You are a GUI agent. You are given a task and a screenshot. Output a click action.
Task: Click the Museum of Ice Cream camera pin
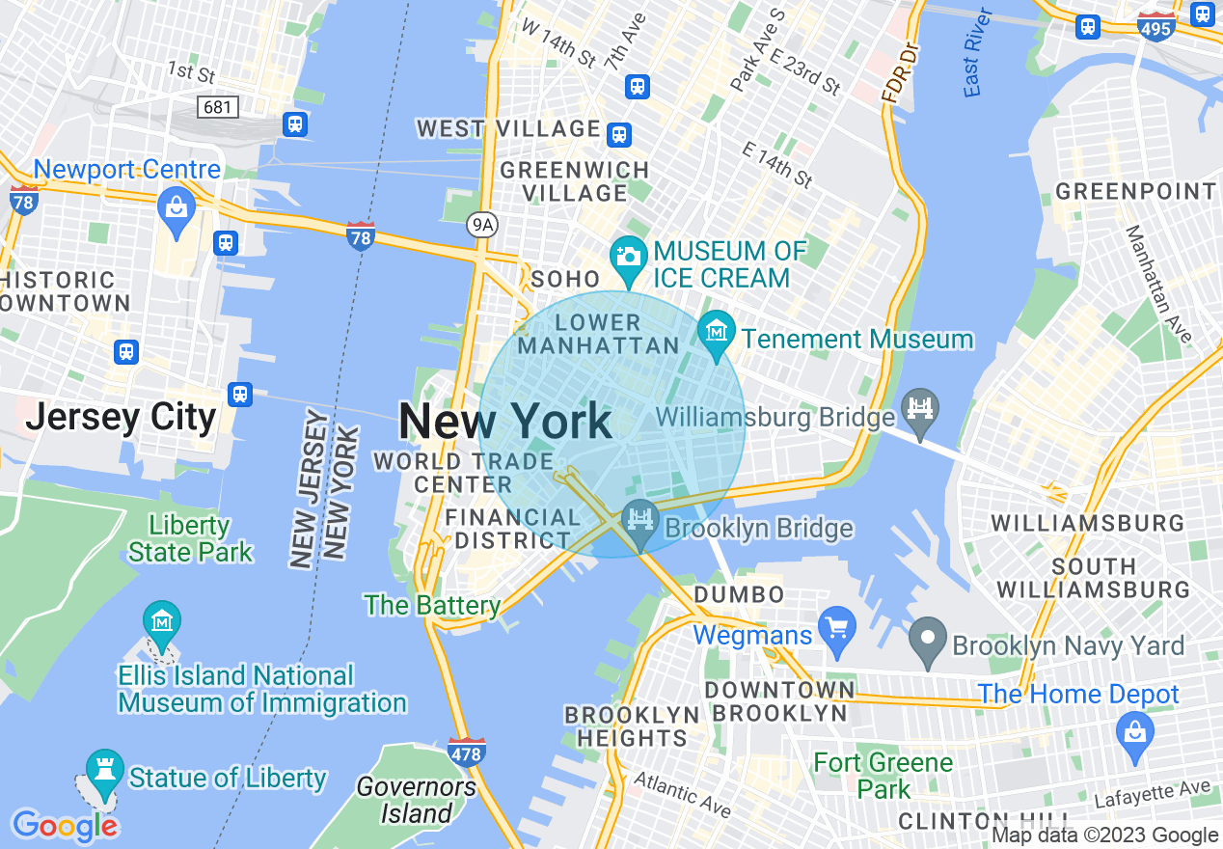[628, 256]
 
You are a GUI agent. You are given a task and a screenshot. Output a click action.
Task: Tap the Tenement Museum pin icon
[716, 333]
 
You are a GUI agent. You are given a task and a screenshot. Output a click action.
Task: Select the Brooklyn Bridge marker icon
[639, 516]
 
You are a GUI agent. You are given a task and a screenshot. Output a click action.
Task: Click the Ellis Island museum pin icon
[161, 620]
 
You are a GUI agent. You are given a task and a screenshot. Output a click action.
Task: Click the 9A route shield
[482, 225]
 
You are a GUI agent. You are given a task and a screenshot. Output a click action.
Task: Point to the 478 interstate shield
[466, 752]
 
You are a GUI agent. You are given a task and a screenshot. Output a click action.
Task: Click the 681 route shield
[218, 106]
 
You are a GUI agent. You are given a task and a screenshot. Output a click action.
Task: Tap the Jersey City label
[122, 418]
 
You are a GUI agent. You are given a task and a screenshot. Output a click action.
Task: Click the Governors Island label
[417, 801]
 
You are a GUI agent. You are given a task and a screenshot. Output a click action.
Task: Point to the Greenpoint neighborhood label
[1136, 191]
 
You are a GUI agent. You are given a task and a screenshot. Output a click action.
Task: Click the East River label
[978, 53]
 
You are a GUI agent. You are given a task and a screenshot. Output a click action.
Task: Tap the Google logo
[65, 826]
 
